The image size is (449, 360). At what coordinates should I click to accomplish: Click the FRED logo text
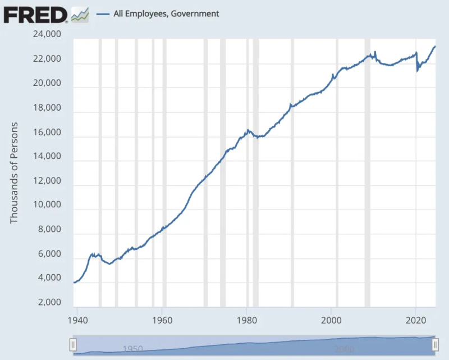pos(35,13)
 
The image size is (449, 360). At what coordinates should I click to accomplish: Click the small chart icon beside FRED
pos(80,14)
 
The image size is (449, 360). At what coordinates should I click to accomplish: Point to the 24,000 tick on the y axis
pos(47,35)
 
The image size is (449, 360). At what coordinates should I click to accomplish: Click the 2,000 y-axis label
pos(49,303)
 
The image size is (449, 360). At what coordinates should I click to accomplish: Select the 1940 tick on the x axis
pos(76,318)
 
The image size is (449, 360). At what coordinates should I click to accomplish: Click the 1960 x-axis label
pos(162,318)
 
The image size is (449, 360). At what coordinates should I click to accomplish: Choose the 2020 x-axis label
pos(416,318)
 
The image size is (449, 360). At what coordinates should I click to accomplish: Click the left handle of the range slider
pos(72,345)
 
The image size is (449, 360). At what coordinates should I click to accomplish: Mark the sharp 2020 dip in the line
pos(417,71)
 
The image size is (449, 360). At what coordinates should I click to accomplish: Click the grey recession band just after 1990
pos(292,168)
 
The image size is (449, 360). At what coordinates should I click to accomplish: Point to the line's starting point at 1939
pos(74,282)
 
